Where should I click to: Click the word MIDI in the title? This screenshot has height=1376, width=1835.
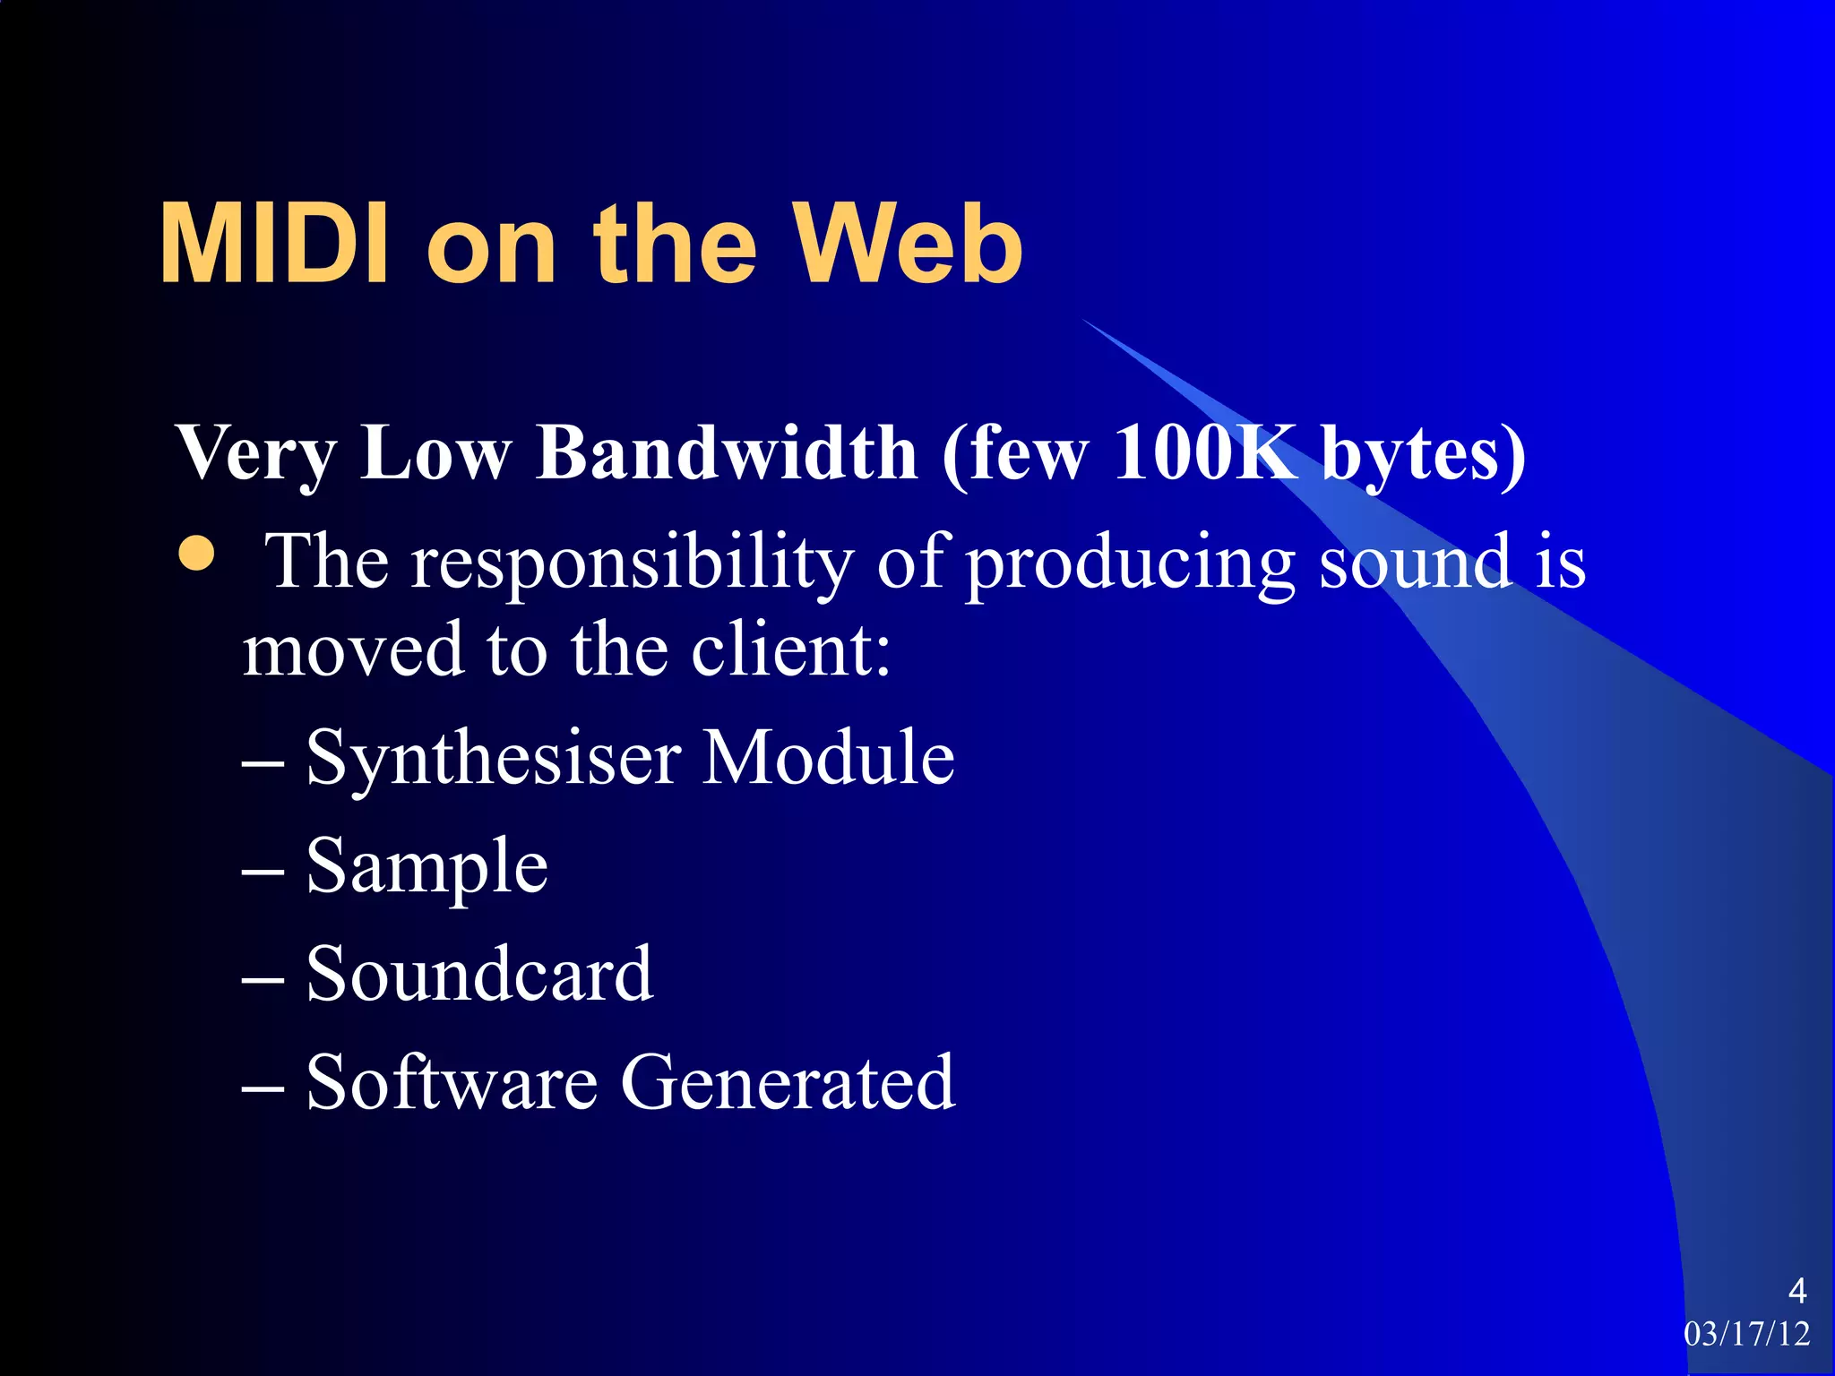[x=273, y=244]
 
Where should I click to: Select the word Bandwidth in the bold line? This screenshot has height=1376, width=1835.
[x=727, y=452]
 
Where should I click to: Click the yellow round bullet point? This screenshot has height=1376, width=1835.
[x=197, y=554]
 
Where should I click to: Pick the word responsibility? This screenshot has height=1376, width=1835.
[x=632, y=563]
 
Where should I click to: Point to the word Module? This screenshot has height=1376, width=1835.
[x=828, y=758]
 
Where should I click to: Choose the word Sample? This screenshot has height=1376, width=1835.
[x=426, y=867]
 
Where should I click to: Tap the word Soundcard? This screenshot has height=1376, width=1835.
[x=479, y=974]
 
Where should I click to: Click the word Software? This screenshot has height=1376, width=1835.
[x=452, y=1082]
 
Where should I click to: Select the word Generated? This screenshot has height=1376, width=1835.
[x=788, y=1082]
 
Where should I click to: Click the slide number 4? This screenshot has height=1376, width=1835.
[x=1796, y=1291]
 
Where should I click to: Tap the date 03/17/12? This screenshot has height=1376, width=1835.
[x=1746, y=1334]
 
